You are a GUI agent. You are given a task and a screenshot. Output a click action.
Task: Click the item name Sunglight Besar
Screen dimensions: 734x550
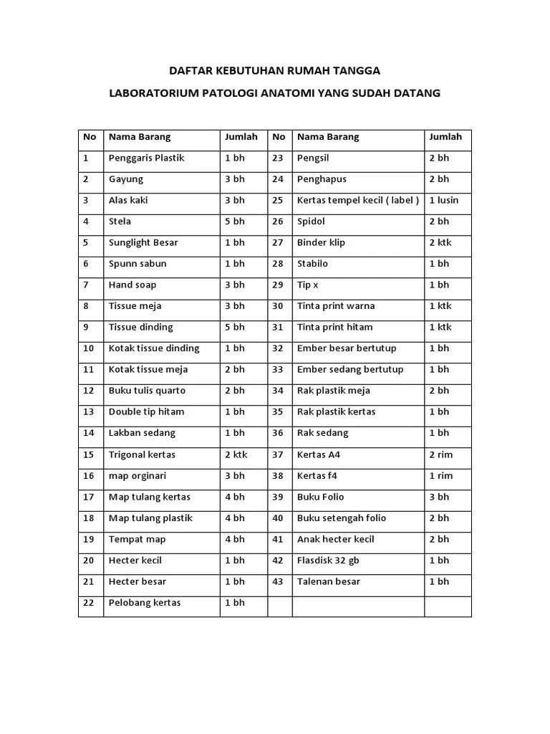(x=143, y=242)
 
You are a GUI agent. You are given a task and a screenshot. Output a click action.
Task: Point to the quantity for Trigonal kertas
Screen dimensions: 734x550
(x=236, y=454)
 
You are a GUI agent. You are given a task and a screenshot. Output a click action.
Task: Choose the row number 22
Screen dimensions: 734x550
(x=89, y=603)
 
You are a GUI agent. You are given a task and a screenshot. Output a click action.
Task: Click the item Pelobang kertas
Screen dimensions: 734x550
(x=145, y=603)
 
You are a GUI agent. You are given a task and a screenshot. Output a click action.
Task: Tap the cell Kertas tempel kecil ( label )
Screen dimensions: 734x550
(x=358, y=200)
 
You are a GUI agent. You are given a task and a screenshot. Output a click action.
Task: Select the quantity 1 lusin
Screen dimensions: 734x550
(x=443, y=200)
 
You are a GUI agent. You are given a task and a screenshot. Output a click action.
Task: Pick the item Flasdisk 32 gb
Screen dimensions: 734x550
(x=328, y=561)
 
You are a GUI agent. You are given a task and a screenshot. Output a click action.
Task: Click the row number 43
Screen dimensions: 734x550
(x=278, y=581)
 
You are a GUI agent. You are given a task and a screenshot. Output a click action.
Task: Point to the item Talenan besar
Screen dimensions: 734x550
(x=329, y=581)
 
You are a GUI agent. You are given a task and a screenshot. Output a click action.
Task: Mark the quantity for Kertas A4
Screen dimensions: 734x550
(x=441, y=454)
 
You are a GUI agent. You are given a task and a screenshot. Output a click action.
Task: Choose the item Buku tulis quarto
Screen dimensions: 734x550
(x=147, y=391)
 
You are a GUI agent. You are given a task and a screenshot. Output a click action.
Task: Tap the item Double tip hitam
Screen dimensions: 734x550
(x=146, y=411)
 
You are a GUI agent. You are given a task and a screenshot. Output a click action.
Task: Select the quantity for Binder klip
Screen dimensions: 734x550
(x=440, y=242)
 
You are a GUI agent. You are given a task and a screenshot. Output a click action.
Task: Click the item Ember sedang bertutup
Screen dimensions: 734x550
(x=350, y=369)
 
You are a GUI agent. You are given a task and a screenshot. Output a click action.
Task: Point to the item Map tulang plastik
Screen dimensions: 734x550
(x=150, y=518)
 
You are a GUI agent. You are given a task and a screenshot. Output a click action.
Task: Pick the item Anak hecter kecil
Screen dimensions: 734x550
(x=336, y=539)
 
